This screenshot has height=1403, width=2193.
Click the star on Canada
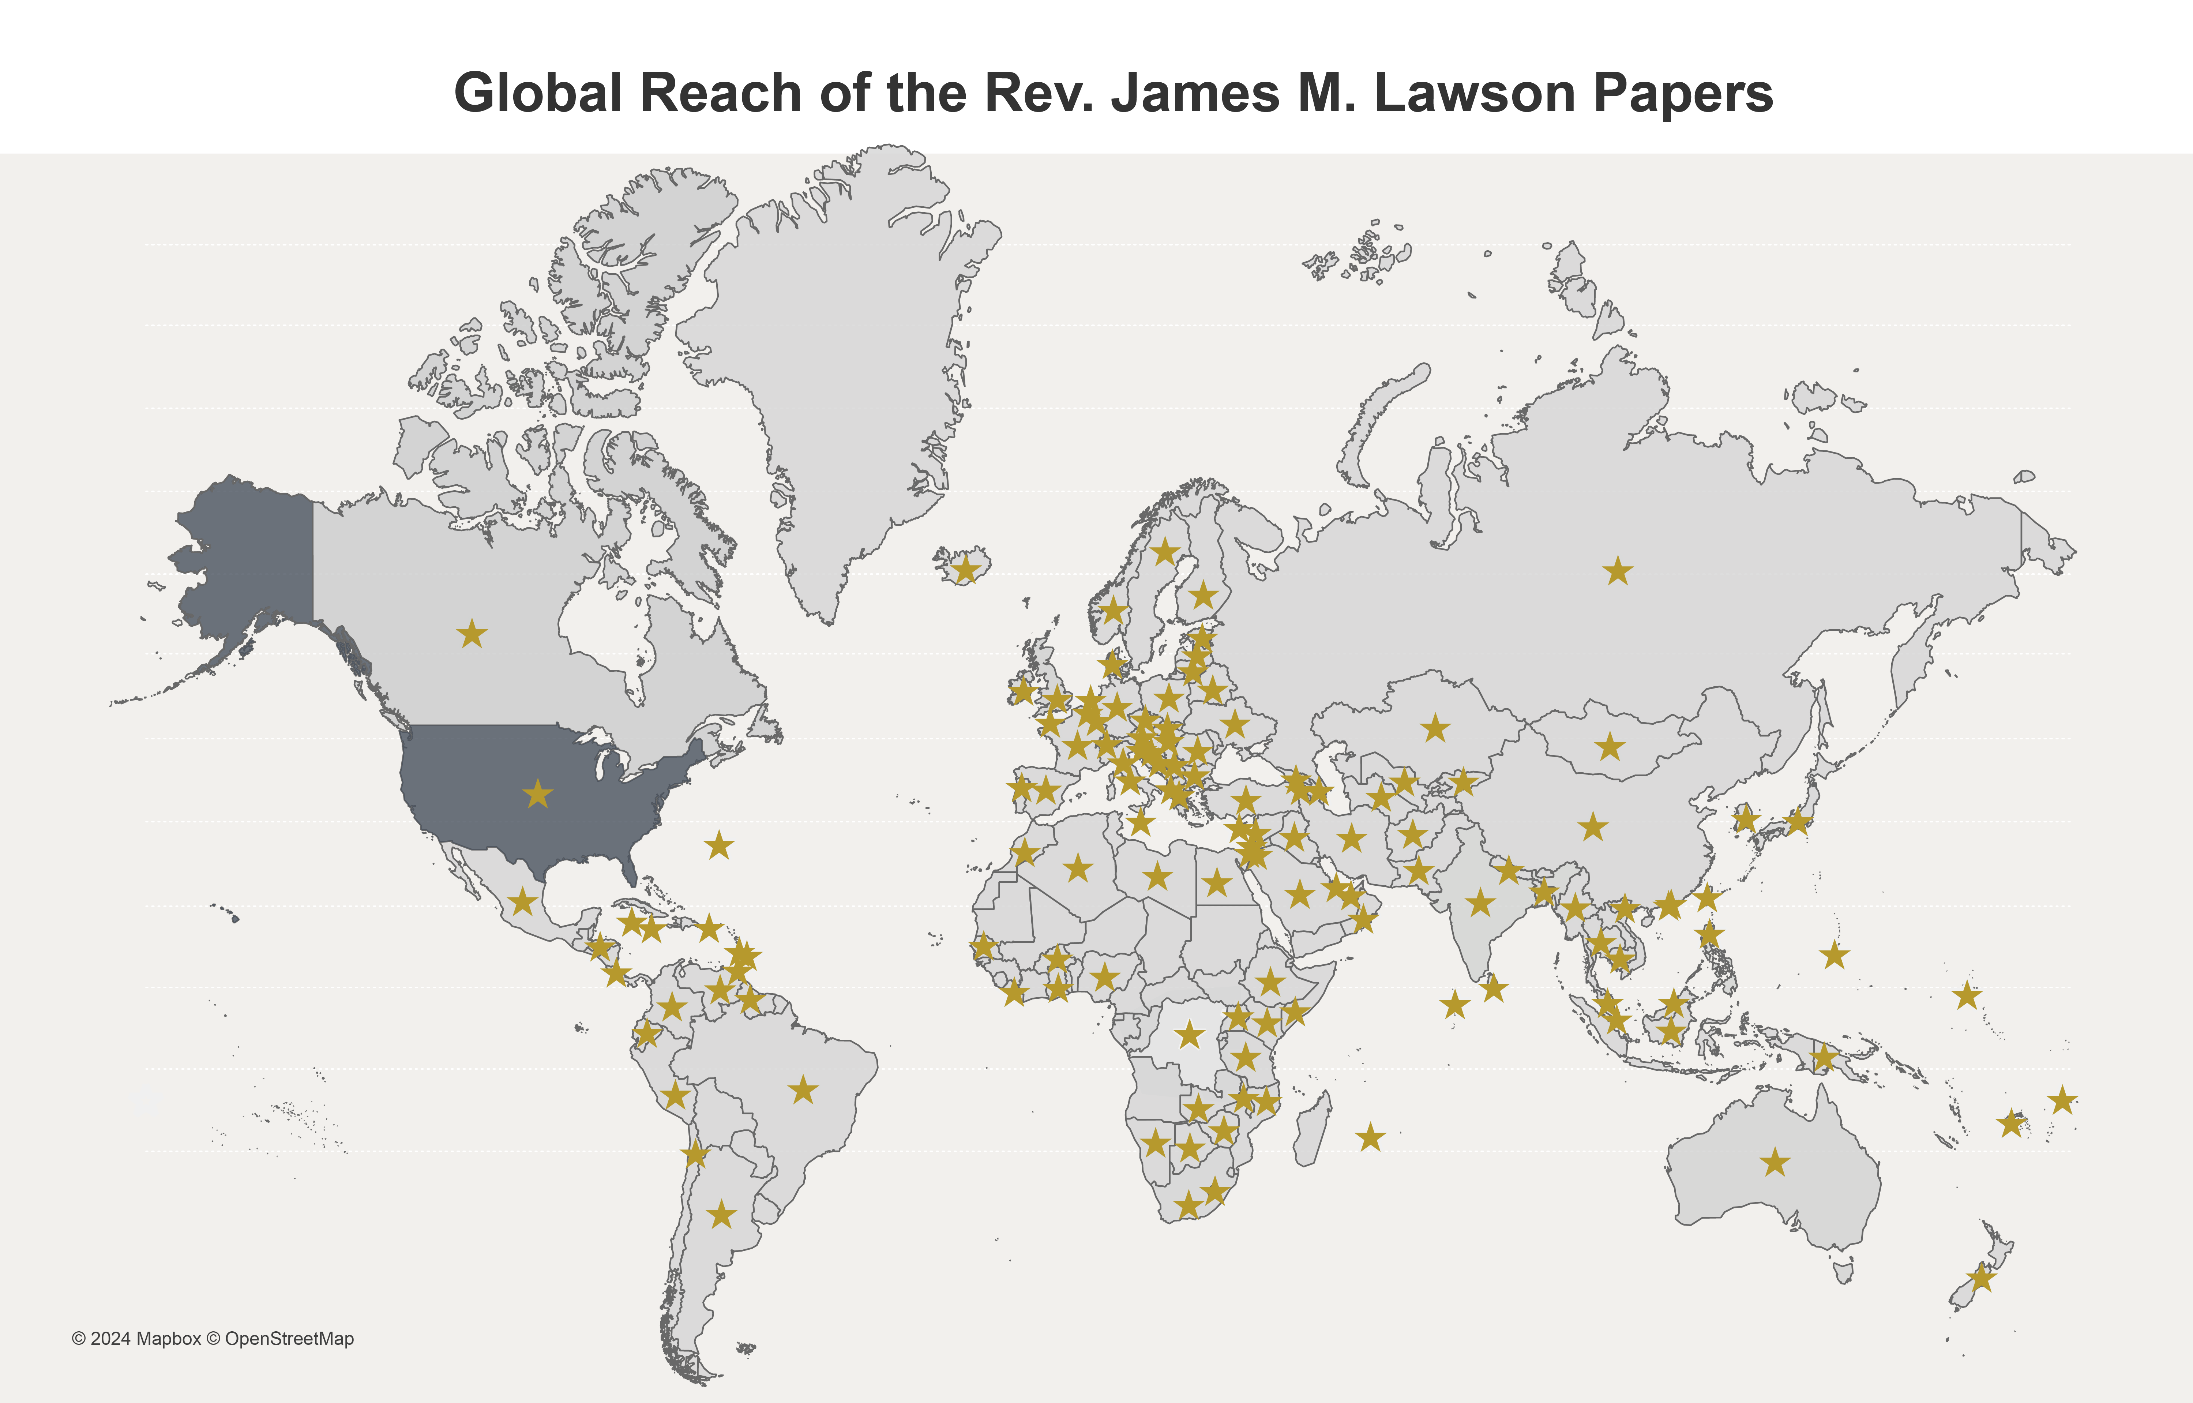tap(472, 633)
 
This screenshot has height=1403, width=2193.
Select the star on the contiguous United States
tap(538, 794)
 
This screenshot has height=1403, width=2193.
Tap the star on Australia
tap(1774, 1163)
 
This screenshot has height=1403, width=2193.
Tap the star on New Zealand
tap(1981, 1278)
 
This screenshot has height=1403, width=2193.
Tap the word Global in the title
tap(537, 93)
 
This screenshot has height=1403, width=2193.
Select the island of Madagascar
tap(1311, 1130)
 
